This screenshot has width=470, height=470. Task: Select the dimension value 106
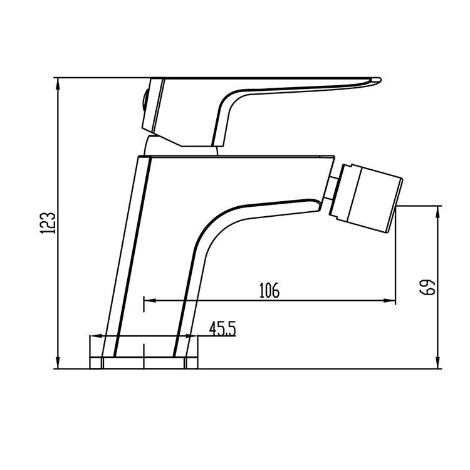[x=268, y=290]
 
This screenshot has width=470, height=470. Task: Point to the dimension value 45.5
[x=222, y=328]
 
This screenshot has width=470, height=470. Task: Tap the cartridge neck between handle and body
[x=182, y=148]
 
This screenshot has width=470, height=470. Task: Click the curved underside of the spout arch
[x=213, y=226]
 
